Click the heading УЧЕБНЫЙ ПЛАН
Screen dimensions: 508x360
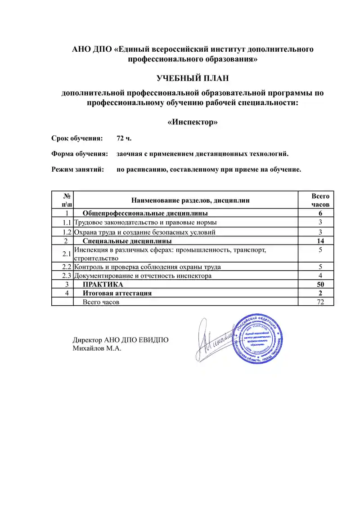coord(193,79)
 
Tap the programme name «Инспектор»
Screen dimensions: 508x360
coord(193,122)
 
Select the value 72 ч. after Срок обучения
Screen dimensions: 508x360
coord(124,138)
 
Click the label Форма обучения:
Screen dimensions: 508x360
coord(80,154)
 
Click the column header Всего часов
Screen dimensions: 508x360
coord(320,200)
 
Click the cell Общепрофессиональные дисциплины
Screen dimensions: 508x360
coord(145,213)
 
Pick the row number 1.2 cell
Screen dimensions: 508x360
coord(67,232)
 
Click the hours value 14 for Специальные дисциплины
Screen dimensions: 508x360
coord(320,241)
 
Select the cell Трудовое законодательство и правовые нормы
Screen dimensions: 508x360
coord(145,223)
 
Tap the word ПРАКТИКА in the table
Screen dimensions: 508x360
coord(103,284)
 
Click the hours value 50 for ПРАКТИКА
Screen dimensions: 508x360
coord(320,284)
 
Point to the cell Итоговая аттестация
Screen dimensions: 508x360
coord(117,293)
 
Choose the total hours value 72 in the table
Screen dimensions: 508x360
coord(320,302)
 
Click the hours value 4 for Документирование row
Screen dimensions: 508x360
coord(320,276)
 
